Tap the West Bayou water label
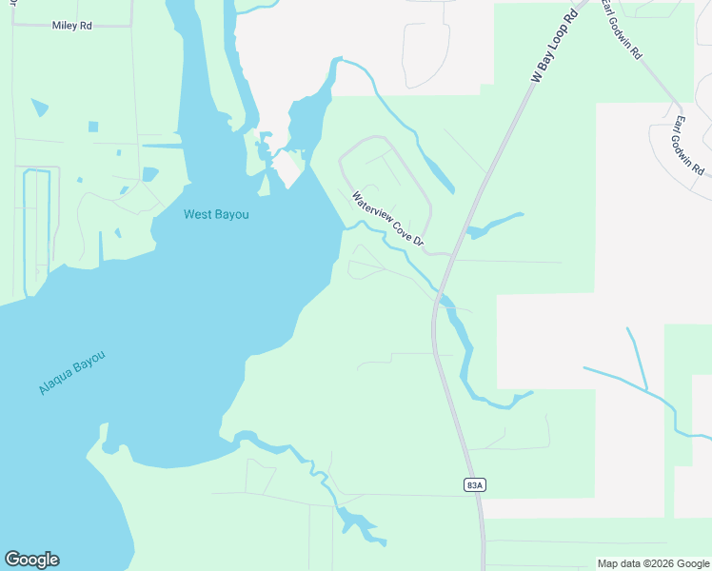coord(216,215)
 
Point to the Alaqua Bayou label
coord(71,373)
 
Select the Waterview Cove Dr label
coord(387,220)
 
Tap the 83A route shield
coord(475,484)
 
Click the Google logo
coord(31,560)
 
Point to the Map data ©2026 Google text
coord(654,563)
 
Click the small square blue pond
coord(93,127)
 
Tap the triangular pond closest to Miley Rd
coord(39,108)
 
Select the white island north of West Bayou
coord(287,170)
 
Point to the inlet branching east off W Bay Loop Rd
coord(495,226)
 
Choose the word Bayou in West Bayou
coord(231,215)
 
